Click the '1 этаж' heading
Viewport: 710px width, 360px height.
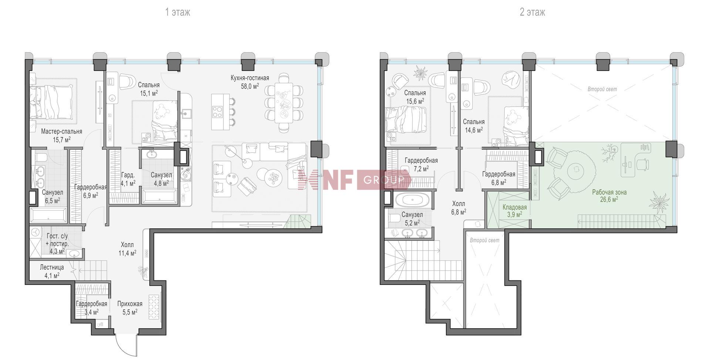click(177, 12)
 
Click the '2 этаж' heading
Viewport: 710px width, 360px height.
click(532, 12)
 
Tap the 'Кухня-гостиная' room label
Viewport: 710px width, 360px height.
click(250, 78)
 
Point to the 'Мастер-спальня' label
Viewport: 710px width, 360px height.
click(61, 131)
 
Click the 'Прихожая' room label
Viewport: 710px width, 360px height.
click(130, 304)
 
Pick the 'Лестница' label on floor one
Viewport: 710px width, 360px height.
click(52, 267)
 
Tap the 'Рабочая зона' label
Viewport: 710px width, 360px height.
click(609, 192)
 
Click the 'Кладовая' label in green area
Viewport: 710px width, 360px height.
click(514, 208)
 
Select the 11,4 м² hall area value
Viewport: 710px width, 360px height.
click(128, 253)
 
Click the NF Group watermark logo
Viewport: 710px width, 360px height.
click(354, 179)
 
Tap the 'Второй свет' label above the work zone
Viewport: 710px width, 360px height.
click(602, 89)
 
